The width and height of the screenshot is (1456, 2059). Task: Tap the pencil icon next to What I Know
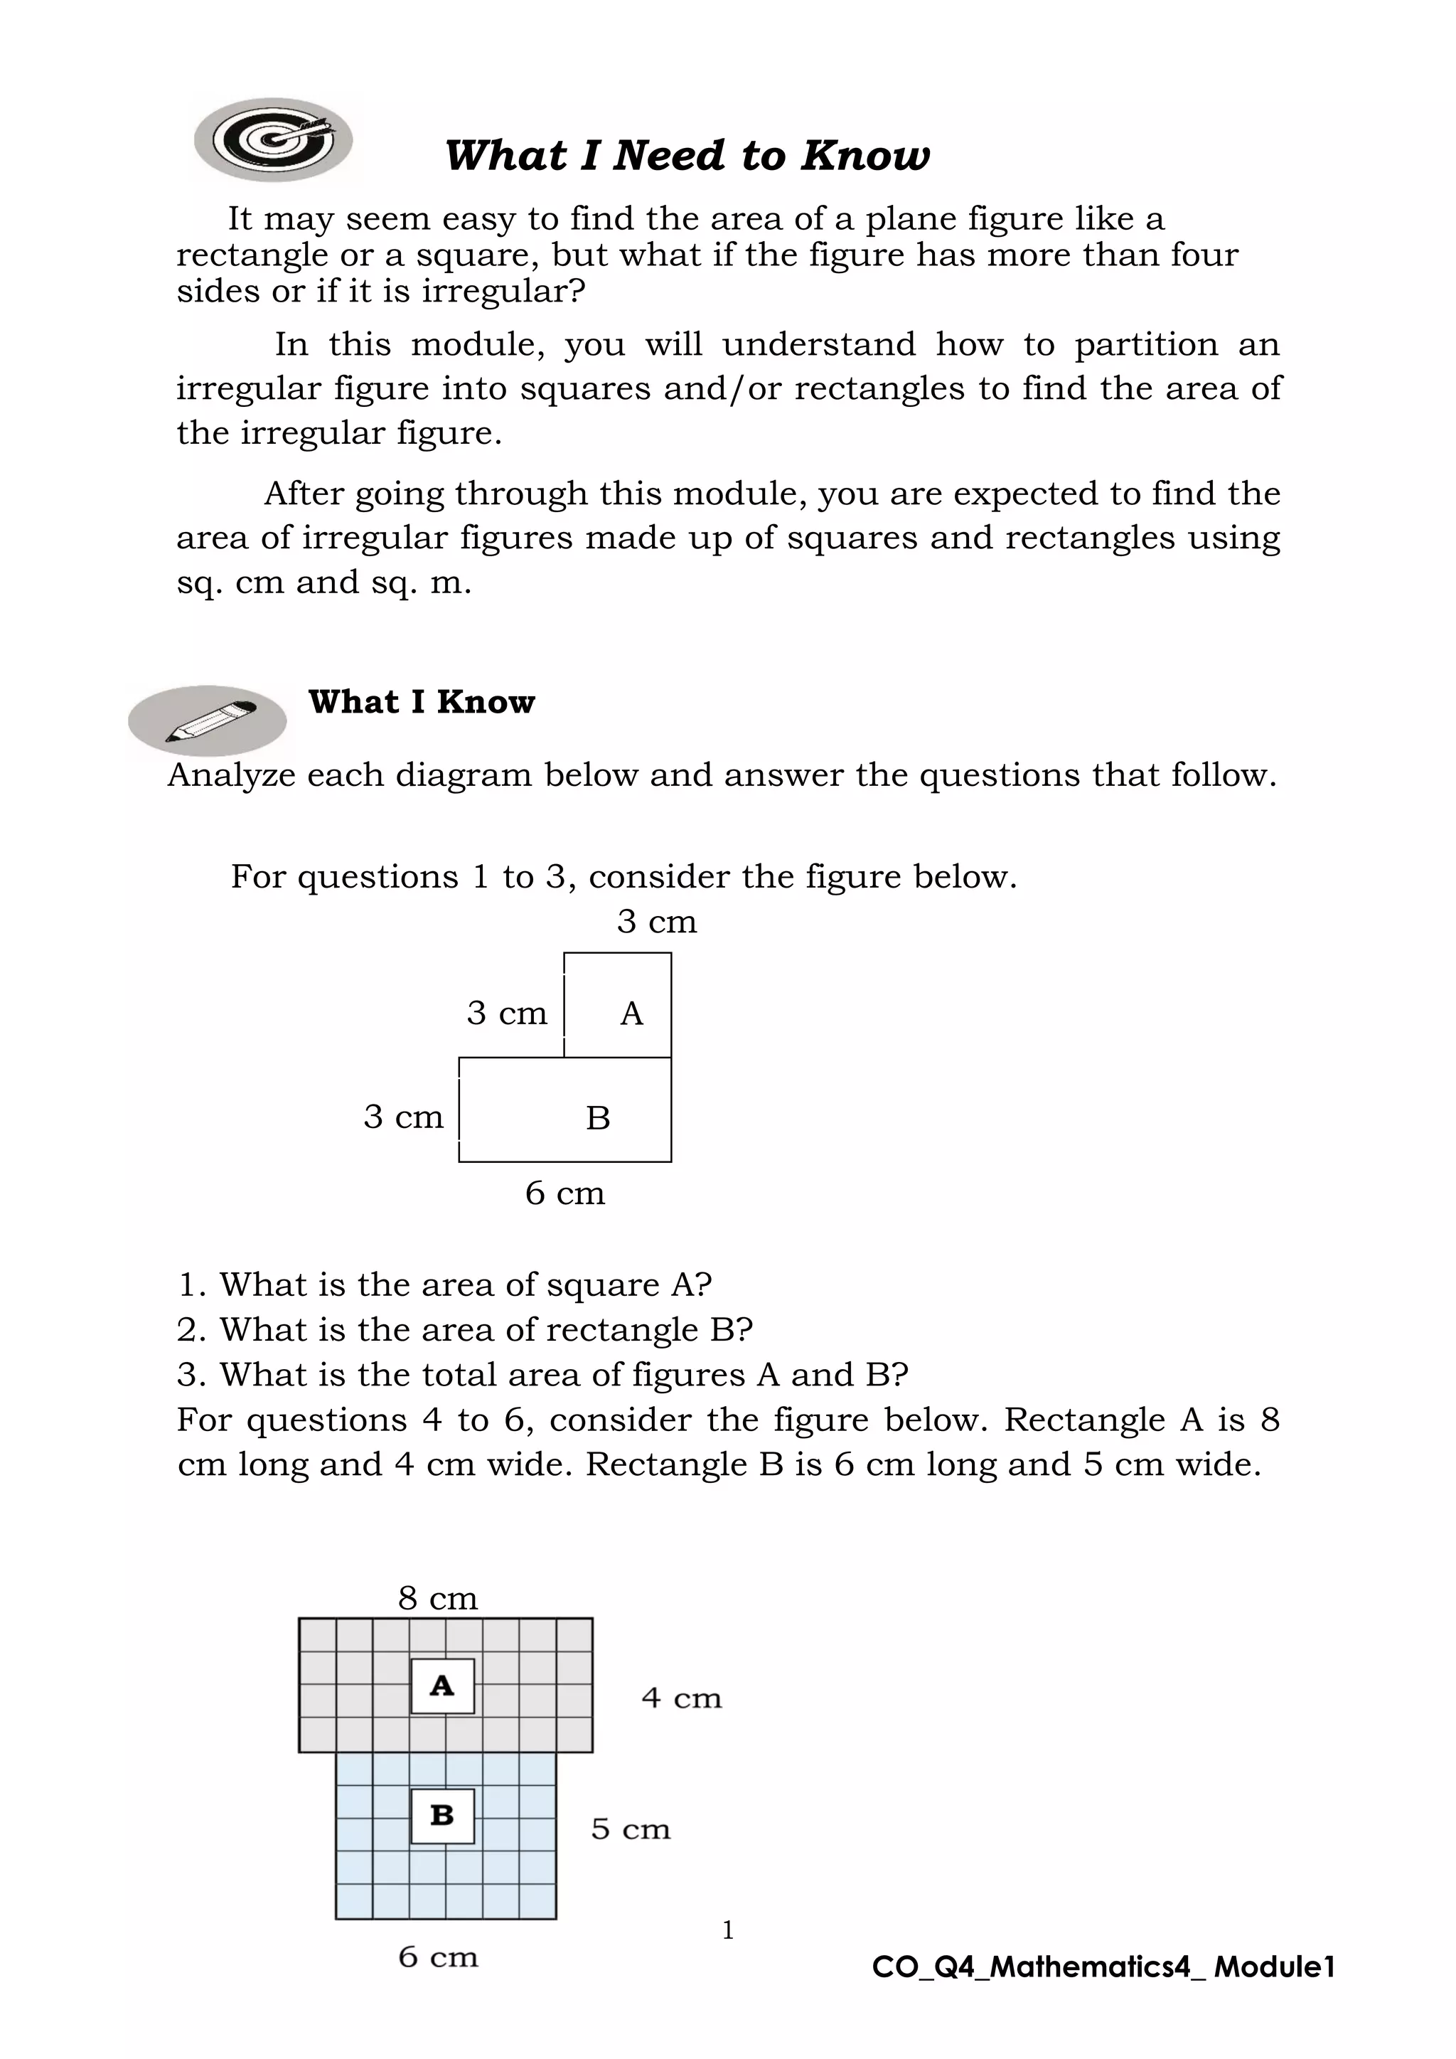coord(208,720)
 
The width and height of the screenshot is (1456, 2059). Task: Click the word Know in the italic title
coord(864,155)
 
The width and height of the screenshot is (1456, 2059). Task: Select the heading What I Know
coord(422,701)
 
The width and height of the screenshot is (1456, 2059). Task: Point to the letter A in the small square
coord(631,1013)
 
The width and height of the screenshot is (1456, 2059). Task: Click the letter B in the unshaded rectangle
coord(598,1118)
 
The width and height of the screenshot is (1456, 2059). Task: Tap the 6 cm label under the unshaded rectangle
coord(564,1193)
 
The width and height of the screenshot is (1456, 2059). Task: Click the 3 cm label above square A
coord(656,922)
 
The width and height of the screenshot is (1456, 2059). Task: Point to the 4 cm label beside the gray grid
coord(681,1698)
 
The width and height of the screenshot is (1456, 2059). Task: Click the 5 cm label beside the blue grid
coord(631,1829)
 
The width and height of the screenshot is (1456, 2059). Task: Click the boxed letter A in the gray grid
coord(442,1686)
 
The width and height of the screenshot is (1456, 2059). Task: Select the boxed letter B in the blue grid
coord(442,1815)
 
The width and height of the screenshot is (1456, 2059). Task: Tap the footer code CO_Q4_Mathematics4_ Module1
coord(1103,1967)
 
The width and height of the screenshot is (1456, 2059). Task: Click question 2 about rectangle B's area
coord(464,1329)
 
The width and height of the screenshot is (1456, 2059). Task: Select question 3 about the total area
coord(542,1374)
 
